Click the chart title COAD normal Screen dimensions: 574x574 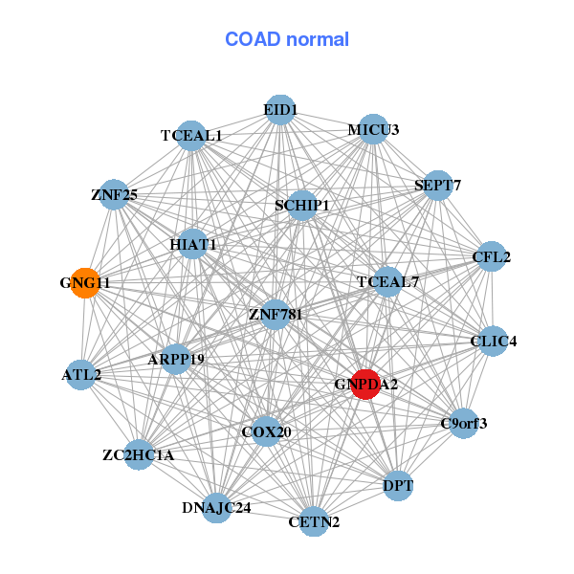(287, 39)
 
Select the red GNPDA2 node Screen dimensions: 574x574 (366, 384)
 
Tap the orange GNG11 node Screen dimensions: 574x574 (85, 283)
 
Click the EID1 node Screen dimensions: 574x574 (279, 110)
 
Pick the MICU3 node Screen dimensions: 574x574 (372, 129)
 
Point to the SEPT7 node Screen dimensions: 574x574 (437, 185)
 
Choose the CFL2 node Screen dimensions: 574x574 (491, 256)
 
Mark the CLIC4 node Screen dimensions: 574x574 (493, 341)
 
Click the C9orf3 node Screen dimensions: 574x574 (463, 423)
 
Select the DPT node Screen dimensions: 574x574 (398, 486)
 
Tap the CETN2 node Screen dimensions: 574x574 (314, 521)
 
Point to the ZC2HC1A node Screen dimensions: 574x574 (140, 454)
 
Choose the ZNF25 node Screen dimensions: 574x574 (115, 195)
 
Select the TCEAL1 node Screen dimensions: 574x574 (192, 136)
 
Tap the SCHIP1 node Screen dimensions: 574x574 (302, 205)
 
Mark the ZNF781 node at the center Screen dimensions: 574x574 (276, 315)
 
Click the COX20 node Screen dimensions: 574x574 (267, 431)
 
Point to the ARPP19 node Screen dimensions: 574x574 (176, 359)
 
